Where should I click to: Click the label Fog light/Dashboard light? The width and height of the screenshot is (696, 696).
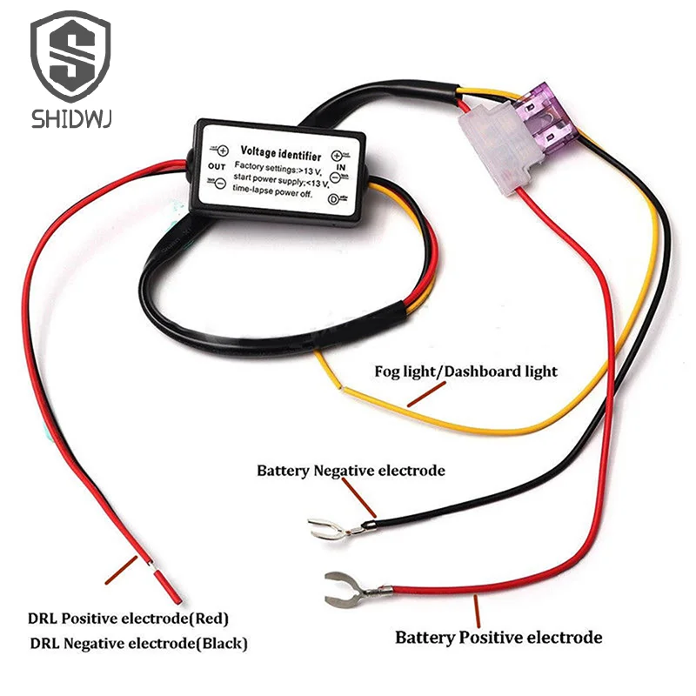pos(465,371)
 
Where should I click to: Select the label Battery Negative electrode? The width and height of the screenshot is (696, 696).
pos(351,471)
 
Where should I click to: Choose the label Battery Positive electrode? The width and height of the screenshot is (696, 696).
pos(499,638)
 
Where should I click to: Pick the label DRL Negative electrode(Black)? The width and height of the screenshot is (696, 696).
pos(139,645)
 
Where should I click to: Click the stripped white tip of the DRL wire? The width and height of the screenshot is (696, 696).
pos(152,566)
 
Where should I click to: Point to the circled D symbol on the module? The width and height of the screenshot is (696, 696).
pos(333,198)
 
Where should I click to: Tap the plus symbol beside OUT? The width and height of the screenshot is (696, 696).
pos(222,151)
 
